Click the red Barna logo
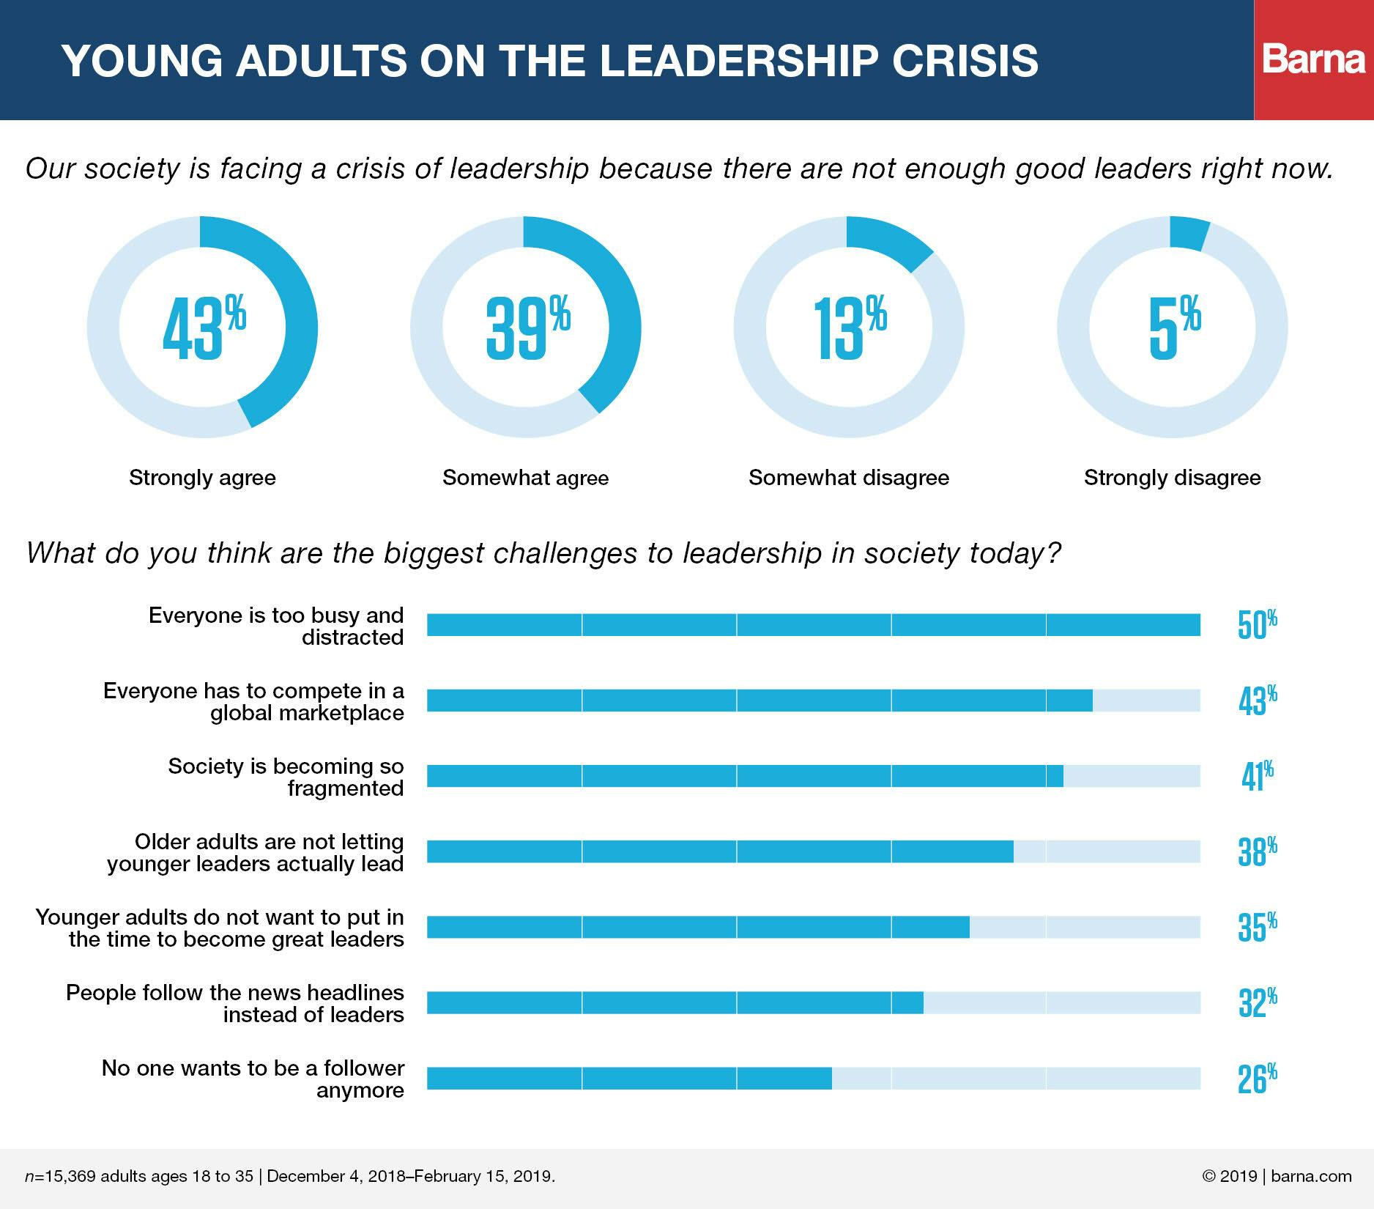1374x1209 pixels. point(1314,59)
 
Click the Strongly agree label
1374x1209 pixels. point(202,478)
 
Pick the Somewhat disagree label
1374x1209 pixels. point(848,478)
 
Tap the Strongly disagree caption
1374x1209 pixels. point(1172,478)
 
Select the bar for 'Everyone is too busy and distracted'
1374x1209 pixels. point(813,625)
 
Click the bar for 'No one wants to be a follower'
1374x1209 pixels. point(629,1079)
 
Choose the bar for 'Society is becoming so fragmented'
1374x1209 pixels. point(745,776)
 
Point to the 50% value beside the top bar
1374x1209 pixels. point(1257,625)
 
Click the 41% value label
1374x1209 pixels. point(1257,776)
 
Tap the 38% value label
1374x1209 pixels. point(1257,851)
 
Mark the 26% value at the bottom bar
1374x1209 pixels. point(1257,1079)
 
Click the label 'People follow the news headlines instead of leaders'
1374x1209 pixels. point(235,1003)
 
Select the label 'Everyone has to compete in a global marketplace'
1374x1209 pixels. point(253,701)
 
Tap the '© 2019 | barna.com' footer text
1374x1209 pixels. point(1277,1177)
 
